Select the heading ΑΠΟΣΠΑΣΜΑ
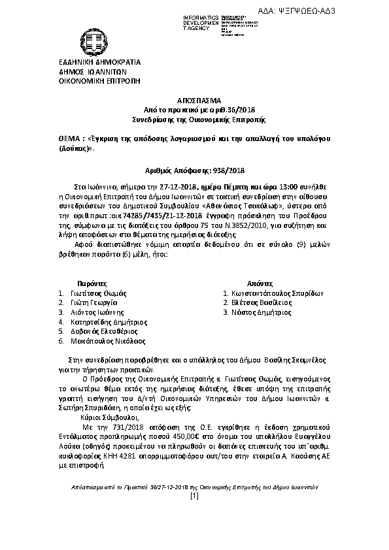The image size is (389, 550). pos(194,102)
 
